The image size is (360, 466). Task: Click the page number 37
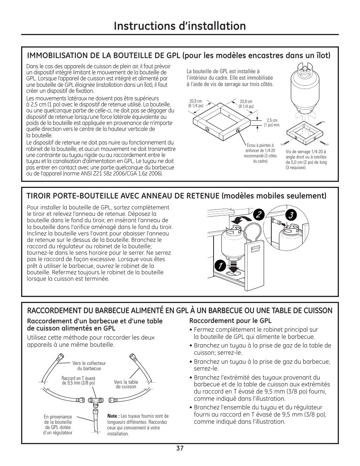tap(180, 448)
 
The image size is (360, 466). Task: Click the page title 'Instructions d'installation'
tap(180, 26)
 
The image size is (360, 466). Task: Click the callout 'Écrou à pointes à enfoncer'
tap(260, 153)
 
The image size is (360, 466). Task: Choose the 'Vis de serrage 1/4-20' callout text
tap(306, 160)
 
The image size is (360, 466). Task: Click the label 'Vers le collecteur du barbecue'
tap(89, 366)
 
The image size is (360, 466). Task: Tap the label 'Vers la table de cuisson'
tap(126, 384)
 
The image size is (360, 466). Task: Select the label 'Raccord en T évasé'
tap(78, 380)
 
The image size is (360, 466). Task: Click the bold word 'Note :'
tap(113, 416)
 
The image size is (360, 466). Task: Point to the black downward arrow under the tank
tap(233, 266)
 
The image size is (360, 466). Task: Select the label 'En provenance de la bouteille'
tap(58, 425)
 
